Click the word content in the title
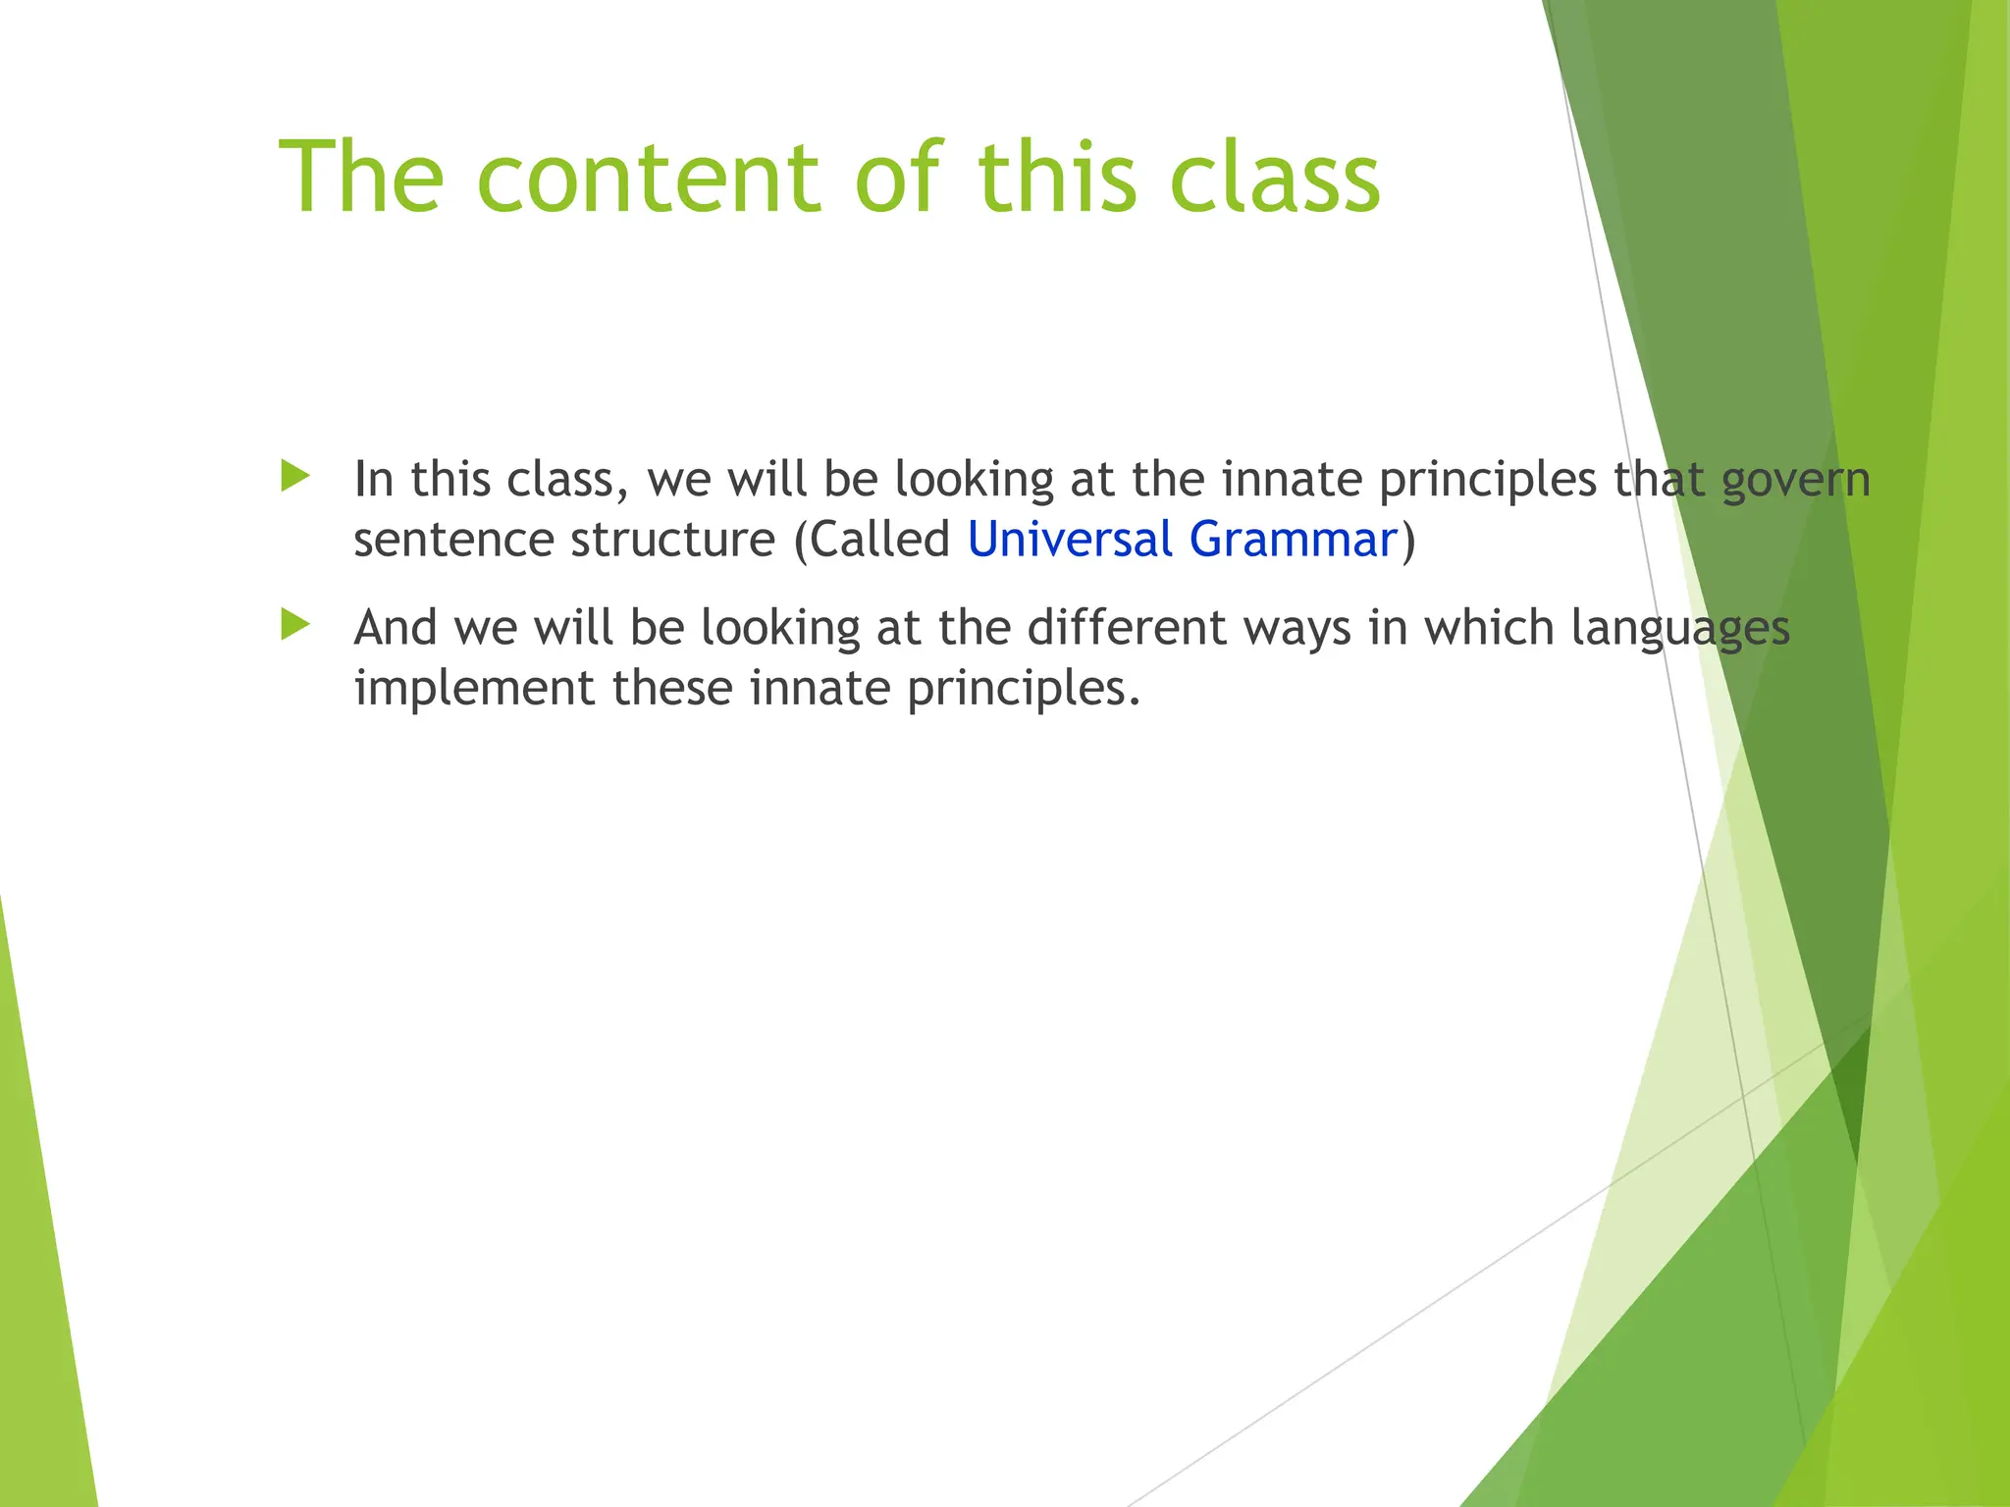tap(648, 179)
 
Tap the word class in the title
tap(1275, 179)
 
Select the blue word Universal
tap(1070, 541)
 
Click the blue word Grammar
tap(1293, 541)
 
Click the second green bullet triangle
tap(294, 624)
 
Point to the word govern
tap(1796, 481)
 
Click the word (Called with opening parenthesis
tap(872, 541)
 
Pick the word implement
tap(473, 688)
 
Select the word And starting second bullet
tap(395, 628)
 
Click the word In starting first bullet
tap(373, 480)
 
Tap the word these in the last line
tap(672, 688)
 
